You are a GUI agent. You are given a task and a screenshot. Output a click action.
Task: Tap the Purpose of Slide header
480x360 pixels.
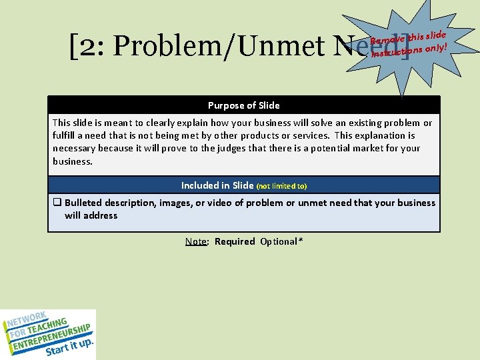(x=243, y=105)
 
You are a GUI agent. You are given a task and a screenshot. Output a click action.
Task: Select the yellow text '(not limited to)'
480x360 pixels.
(x=281, y=186)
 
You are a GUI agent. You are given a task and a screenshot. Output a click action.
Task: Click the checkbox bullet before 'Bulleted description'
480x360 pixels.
(x=57, y=203)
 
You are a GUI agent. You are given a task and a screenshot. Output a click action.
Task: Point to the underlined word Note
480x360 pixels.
(x=196, y=241)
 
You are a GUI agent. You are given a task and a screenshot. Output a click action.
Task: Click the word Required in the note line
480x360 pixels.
(x=234, y=241)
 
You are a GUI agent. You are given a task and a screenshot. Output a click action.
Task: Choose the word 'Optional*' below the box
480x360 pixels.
(x=281, y=241)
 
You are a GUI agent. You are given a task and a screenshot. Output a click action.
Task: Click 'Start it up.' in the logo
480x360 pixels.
(x=69, y=347)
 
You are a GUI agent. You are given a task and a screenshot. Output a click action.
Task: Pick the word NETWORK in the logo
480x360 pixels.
(x=27, y=320)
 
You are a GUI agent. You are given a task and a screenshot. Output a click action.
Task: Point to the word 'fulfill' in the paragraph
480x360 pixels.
(x=65, y=135)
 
